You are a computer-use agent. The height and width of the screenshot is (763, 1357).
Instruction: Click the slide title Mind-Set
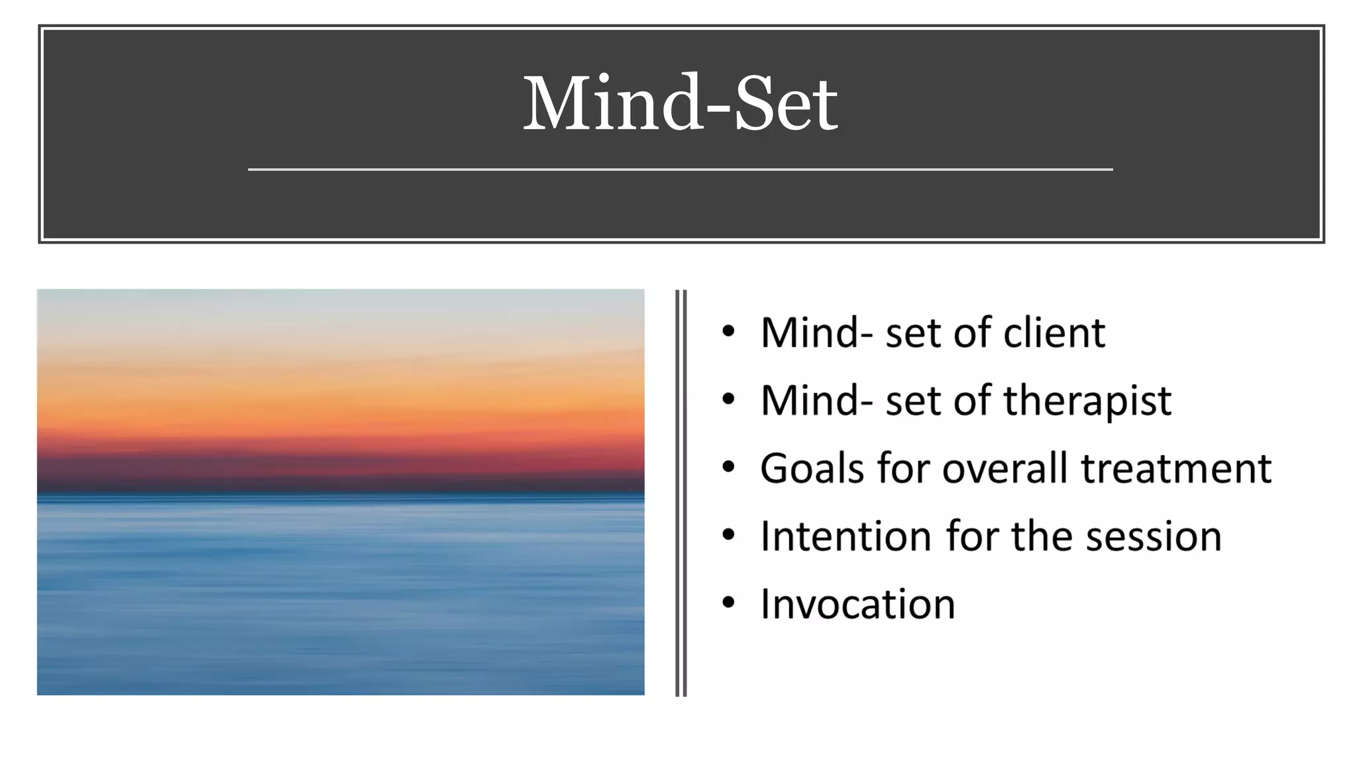tap(680, 104)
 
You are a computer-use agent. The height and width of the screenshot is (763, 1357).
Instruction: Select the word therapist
tap(1087, 401)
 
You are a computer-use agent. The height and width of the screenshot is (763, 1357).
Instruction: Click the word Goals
tap(812, 468)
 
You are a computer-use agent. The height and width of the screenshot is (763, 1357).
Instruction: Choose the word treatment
tap(1176, 468)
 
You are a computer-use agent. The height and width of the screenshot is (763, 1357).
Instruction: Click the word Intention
tap(845, 536)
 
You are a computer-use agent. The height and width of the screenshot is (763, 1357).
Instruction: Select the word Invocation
tap(857, 604)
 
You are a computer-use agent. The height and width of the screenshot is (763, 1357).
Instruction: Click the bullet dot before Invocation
tap(729, 603)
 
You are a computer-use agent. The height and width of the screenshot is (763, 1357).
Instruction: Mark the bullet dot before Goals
tap(729, 467)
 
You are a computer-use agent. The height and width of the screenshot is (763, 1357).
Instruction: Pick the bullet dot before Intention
tap(729, 534)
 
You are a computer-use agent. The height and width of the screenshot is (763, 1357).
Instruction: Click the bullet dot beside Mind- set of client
tap(729, 331)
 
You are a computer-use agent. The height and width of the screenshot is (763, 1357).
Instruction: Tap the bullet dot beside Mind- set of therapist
tap(729, 399)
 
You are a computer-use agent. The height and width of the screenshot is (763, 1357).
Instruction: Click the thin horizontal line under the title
tap(680, 170)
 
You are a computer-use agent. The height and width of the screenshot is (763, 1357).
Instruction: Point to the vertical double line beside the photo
tap(680, 493)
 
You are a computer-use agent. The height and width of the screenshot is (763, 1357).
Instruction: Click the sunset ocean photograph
tap(341, 491)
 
